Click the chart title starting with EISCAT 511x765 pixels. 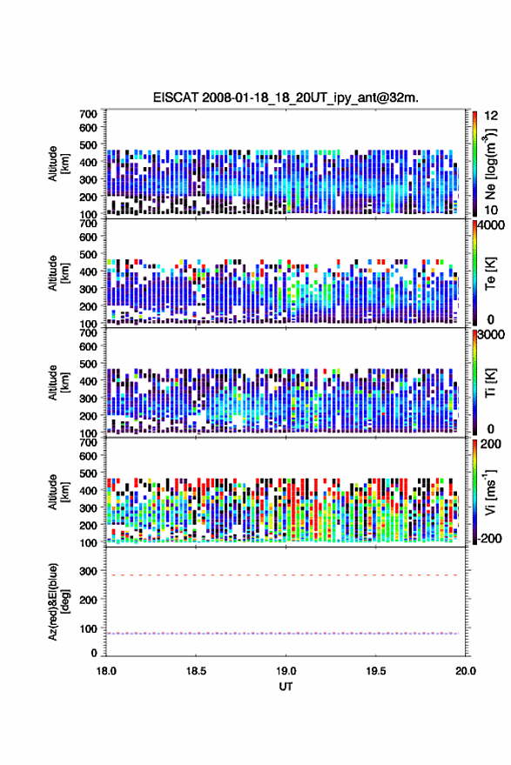tap(286, 97)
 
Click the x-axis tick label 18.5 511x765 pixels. tap(196, 671)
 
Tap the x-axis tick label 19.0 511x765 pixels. tap(286, 671)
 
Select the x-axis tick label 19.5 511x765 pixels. tap(375, 671)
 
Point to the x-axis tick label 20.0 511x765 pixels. tap(466, 671)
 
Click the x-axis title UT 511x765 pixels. tap(286, 687)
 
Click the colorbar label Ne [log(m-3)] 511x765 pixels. tap(491, 164)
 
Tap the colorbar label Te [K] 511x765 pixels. tap(490, 273)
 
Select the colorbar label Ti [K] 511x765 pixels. tap(490, 383)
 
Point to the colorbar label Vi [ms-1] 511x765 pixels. tap(490, 492)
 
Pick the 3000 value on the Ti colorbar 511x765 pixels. tap(491, 335)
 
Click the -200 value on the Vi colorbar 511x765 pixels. tap(489, 538)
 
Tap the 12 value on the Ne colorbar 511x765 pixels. tap(491, 116)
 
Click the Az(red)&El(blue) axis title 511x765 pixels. tap(59, 601)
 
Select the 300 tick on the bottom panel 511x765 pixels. tap(88, 571)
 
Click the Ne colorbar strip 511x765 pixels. tap(474, 164)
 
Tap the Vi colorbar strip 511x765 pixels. tap(474, 492)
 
